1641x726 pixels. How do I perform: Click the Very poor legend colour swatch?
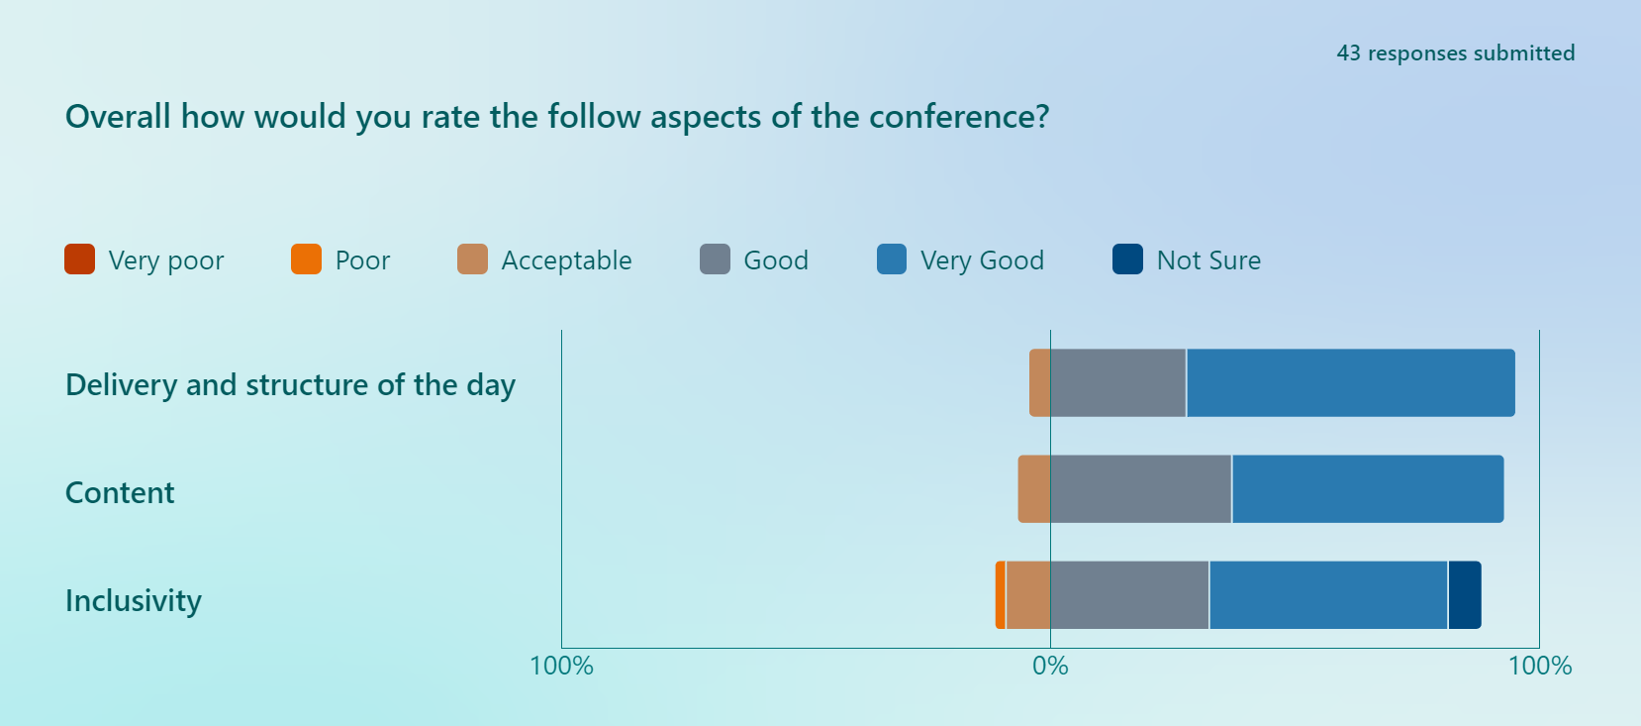[79, 259]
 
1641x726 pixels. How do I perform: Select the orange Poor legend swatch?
[306, 259]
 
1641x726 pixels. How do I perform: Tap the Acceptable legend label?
[566, 260]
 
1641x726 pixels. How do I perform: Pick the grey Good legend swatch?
[715, 259]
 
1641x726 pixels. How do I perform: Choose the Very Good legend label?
[982, 260]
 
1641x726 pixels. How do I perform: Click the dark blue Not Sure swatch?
[1127, 259]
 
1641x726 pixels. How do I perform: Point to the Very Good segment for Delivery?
[1350, 383]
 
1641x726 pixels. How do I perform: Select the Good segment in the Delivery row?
[1117, 383]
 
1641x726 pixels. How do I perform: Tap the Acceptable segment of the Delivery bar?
[1040, 383]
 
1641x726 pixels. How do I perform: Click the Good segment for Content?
[1140, 489]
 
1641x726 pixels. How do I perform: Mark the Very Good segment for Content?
[1367, 489]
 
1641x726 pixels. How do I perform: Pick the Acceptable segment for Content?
[1034, 489]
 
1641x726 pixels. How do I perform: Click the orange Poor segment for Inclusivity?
[1001, 595]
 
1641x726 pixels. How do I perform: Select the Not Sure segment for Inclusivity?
[1464, 595]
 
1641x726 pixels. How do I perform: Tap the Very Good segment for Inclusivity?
[1327, 595]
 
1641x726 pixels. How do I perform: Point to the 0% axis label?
[1050, 667]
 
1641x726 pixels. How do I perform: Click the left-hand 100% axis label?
[561, 667]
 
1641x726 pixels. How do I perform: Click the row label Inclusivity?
[134, 601]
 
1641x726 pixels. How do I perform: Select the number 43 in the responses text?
[1348, 53]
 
